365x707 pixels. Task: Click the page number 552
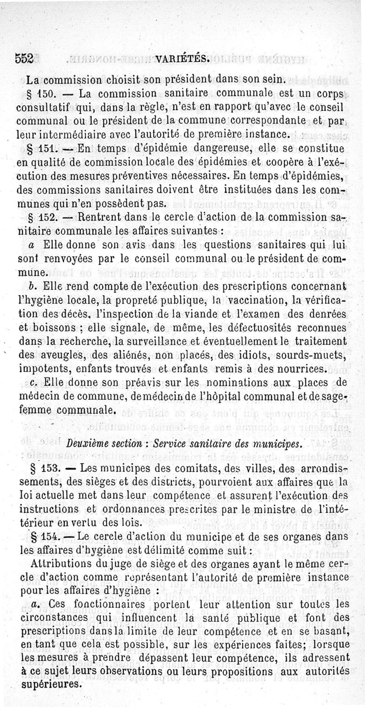click(24, 58)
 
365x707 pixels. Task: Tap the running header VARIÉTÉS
click(182, 58)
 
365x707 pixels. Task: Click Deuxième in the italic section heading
click(88, 443)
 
